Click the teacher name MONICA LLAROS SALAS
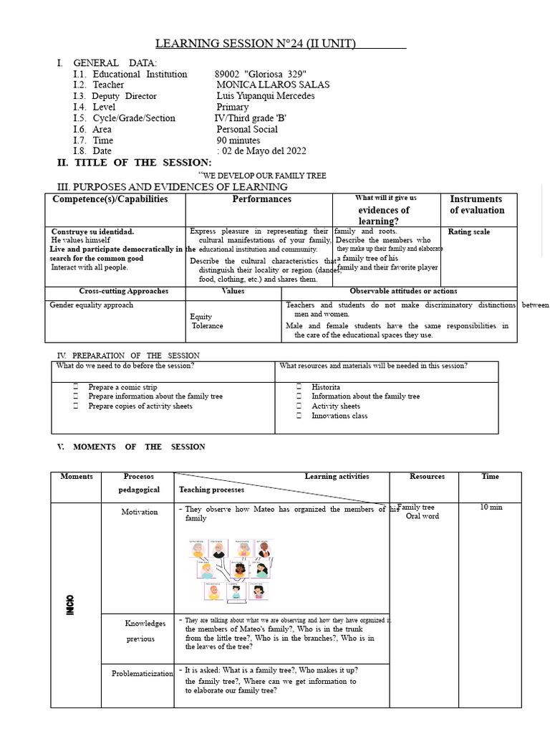(273, 85)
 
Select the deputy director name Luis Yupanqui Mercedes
(265, 96)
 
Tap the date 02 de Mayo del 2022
(264, 151)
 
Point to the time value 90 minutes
(238, 140)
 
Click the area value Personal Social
(247, 130)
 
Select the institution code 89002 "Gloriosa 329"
(261, 74)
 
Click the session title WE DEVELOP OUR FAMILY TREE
(264, 176)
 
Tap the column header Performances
(261, 199)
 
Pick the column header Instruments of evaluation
(477, 205)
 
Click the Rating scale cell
(469, 232)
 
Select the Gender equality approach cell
(91, 305)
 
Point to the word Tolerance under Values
(208, 326)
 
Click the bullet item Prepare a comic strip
(122, 387)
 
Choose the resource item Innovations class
(339, 416)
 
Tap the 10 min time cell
(491, 507)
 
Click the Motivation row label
(140, 512)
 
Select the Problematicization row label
(143, 673)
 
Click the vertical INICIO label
(77, 604)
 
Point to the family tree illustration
(230, 569)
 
